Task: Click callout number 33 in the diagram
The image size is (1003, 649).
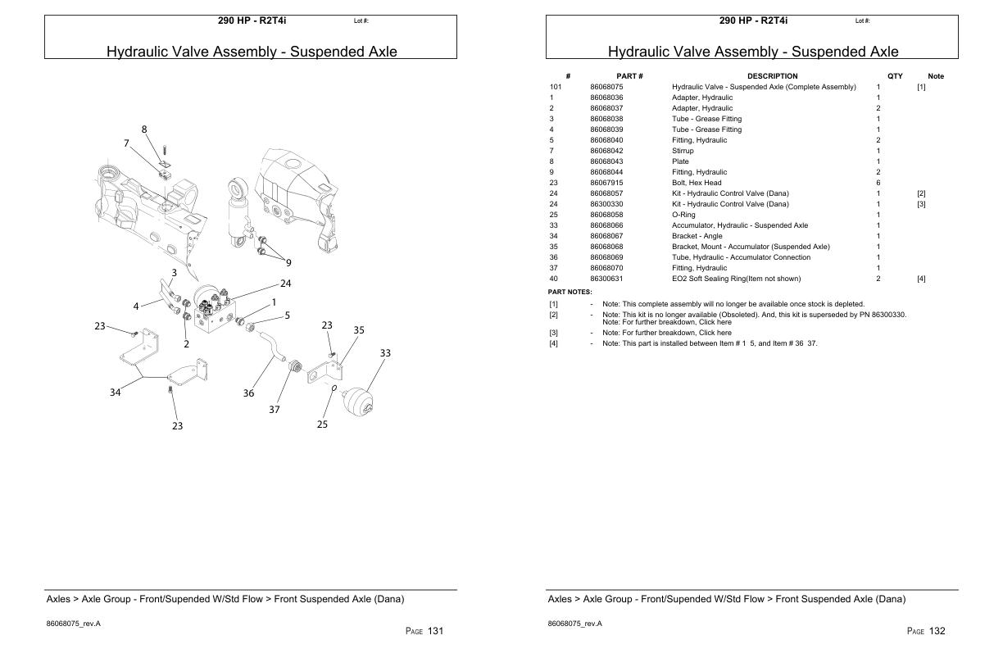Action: [385, 353]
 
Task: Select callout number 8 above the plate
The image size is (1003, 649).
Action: [144, 129]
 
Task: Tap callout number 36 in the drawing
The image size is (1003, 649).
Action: [248, 393]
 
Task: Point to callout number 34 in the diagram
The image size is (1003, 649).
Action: [116, 393]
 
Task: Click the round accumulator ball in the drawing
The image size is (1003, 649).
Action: [361, 402]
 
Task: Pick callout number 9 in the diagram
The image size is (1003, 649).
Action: [288, 263]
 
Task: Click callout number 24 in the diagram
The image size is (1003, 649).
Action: [286, 284]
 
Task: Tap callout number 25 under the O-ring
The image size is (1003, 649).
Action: [322, 424]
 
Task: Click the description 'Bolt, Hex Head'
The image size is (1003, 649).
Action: [697, 183]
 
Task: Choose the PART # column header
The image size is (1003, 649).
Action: [629, 76]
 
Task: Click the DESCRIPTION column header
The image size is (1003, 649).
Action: [772, 76]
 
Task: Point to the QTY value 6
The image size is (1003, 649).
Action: [878, 183]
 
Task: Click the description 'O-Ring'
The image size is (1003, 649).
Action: [683, 215]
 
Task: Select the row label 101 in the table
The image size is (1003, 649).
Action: [555, 87]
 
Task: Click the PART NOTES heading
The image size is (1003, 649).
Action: [570, 292]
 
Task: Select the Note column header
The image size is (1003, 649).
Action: [935, 76]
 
